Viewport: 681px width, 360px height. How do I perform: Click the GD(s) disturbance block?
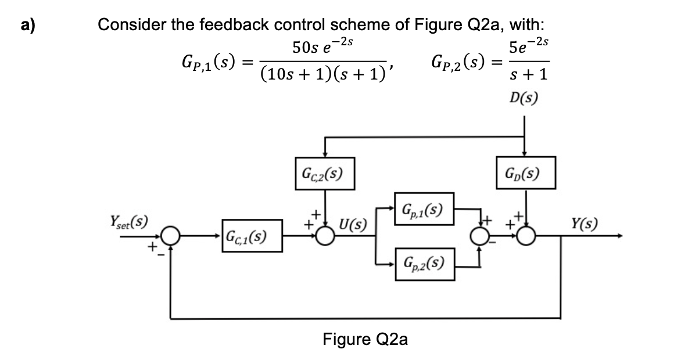pos(525,172)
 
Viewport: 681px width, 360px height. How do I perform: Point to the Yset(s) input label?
pos(128,222)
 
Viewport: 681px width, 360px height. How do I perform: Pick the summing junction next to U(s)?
pos(327,236)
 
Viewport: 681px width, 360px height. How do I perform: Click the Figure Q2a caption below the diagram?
pos(365,339)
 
